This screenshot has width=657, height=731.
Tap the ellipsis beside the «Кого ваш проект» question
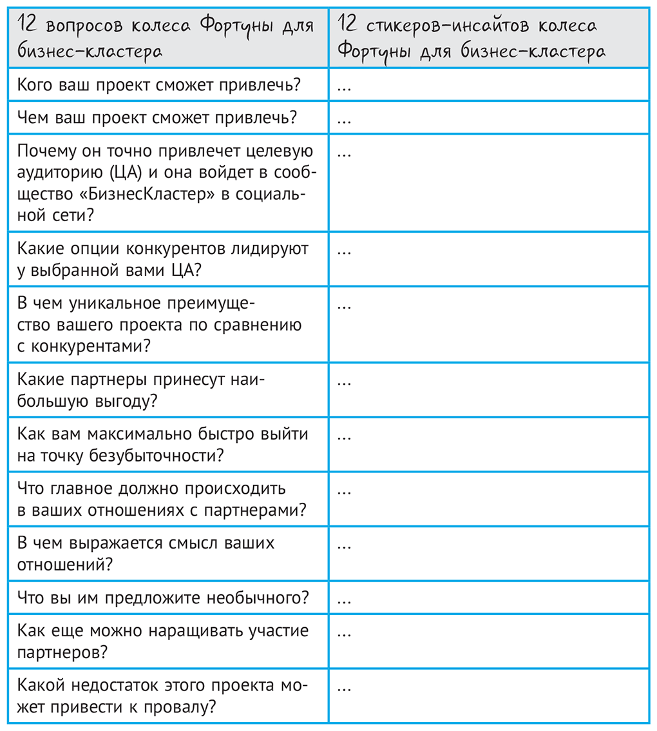pyautogui.click(x=344, y=86)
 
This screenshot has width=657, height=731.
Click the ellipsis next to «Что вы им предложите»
pyautogui.click(x=344, y=599)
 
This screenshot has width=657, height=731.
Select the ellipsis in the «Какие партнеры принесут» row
pyautogui.click(x=344, y=381)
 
